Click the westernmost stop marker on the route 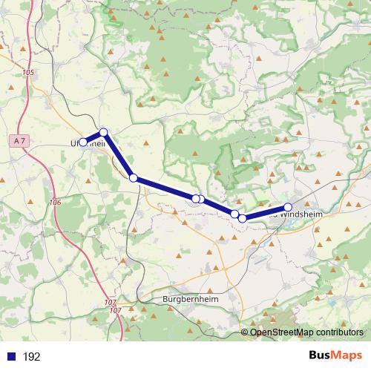pos(83,142)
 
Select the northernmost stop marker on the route pos(104,132)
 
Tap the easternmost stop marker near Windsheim pos(288,207)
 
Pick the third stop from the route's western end pos(134,178)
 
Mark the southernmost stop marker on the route pos(242,218)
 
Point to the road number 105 pos(28,72)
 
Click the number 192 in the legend pos(31,357)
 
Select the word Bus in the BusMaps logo pos(320,355)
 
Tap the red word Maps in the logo pos(348,355)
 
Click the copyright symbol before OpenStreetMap pos(245,332)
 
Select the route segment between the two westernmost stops pos(93,137)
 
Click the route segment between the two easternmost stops pos(265,213)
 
